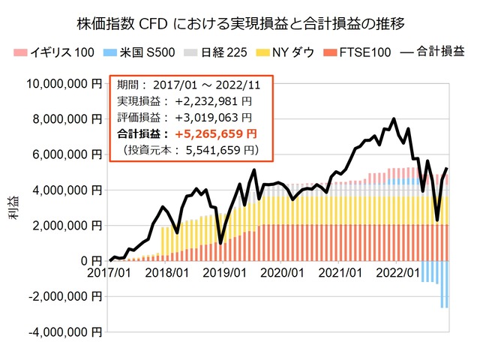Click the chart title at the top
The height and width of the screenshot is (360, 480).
point(240,22)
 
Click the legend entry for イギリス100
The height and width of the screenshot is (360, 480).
point(49,52)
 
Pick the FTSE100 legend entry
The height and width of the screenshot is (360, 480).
point(362,52)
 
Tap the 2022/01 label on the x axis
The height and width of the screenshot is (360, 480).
point(403,274)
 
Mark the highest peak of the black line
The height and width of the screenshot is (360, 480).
point(394,118)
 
